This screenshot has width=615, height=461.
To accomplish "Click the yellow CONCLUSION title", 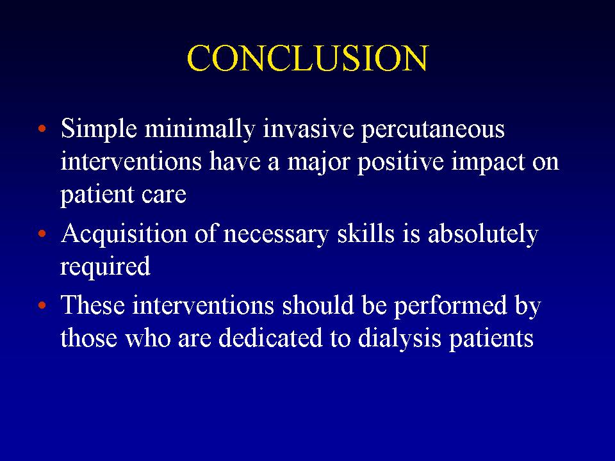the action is pyautogui.click(x=308, y=58).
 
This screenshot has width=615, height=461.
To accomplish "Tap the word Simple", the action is pyautogui.click(x=99, y=129).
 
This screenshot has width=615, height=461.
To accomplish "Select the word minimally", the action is pyautogui.click(x=200, y=129).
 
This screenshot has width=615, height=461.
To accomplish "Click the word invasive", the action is pyautogui.click(x=308, y=129).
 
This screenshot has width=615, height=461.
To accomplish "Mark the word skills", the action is pyautogui.click(x=366, y=233).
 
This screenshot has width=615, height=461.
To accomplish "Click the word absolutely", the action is pyautogui.click(x=483, y=234).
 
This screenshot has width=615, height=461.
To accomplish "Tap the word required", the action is pyautogui.click(x=106, y=266).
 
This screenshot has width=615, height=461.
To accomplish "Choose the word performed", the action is pyautogui.click(x=450, y=306).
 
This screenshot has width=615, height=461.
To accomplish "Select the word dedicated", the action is pyautogui.click(x=270, y=337).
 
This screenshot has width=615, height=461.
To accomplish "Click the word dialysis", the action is pyautogui.click(x=400, y=339).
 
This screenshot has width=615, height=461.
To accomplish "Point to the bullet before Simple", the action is pyautogui.click(x=42, y=128).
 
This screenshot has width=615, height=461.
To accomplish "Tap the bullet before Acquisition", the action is pyautogui.click(x=42, y=234).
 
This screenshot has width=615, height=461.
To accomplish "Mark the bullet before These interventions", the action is pyautogui.click(x=42, y=305).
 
